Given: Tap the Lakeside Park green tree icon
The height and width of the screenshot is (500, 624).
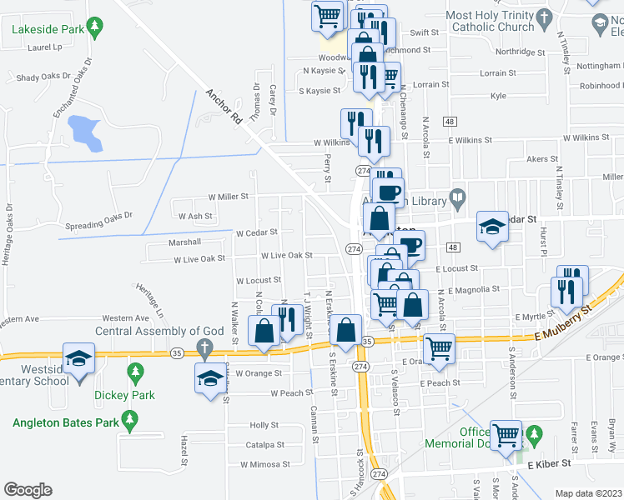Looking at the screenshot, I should click(x=95, y=27).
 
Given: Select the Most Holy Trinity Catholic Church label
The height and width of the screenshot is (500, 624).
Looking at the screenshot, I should click(x=490, y=21).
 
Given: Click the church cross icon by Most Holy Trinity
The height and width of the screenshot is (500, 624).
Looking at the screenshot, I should click(x=544, y=18).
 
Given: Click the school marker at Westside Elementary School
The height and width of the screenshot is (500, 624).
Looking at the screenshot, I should click(x=78, y=359).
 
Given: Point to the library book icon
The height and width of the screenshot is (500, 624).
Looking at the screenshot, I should click(x=457, y=198).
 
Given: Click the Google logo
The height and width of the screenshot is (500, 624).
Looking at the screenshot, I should click(x=28, y=490).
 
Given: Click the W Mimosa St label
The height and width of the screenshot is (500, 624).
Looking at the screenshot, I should click(x=264, y=464).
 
